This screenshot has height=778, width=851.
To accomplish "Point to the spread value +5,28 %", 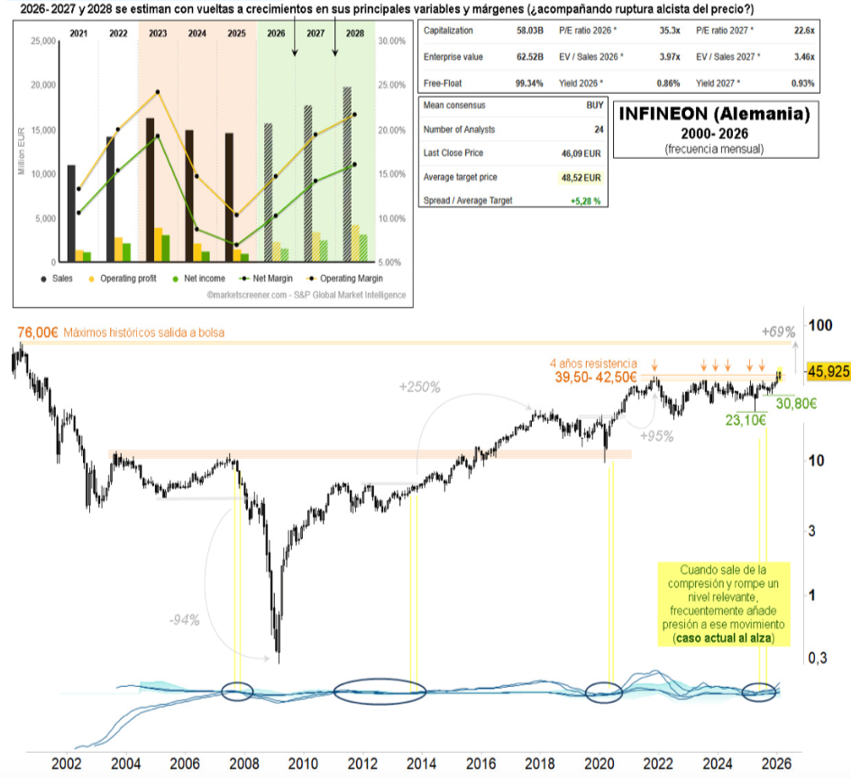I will pos(585,200).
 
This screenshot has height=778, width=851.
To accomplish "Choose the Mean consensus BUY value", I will pos(595,105).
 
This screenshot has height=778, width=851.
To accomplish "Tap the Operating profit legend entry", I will pos(124,279).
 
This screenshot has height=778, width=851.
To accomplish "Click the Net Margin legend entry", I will pos(273,279).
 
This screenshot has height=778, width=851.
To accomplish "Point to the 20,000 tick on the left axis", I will pos(43,85).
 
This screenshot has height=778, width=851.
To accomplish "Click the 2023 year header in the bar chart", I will pos(157,32).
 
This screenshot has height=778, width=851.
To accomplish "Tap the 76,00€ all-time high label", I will pos(37,333).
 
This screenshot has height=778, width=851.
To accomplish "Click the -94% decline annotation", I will pos(184,619).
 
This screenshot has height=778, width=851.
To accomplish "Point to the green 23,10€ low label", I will pos(745,420).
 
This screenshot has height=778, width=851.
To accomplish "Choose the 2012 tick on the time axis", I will pos(362,763).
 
